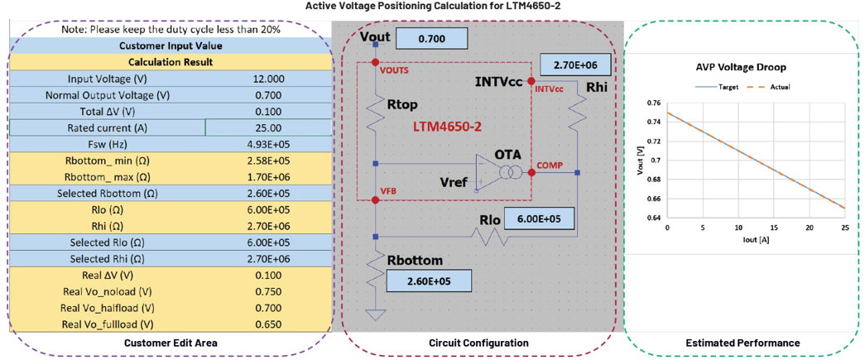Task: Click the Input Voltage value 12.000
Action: point(269,79)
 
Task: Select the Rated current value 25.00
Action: point(269,127)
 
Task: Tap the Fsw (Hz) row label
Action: point(108,144)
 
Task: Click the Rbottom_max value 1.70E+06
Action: point(269,176)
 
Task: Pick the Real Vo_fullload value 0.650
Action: point(269,324)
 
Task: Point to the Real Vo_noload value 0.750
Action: point(269,291)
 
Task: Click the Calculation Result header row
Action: point(171,62)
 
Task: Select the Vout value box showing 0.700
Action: point(432,40)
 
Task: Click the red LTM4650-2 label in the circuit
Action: point(447,127)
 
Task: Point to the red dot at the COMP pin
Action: point(531,173)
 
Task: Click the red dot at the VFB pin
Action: point(375,199)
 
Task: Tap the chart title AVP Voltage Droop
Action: point(742,67)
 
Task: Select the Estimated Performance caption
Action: point(742,343)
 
